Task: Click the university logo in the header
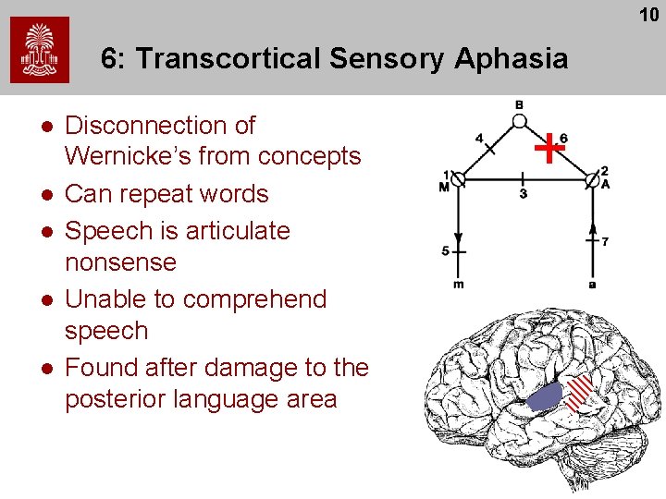[40, 50]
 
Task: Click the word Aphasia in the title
[511, 59]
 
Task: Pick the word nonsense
[120, 262]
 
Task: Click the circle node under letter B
[520, 121]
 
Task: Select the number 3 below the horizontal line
[523, 193]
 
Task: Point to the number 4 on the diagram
[479, 139]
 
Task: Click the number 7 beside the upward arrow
[604, 242]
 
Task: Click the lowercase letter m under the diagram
[459, 283]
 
